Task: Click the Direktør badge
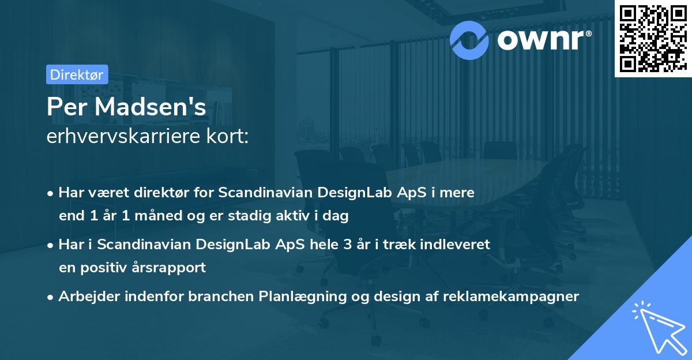tap(77, 74)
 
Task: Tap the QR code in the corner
tap(652, 39)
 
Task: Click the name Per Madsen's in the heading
tap(126, 107)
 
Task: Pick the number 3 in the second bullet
tap(347, 245)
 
